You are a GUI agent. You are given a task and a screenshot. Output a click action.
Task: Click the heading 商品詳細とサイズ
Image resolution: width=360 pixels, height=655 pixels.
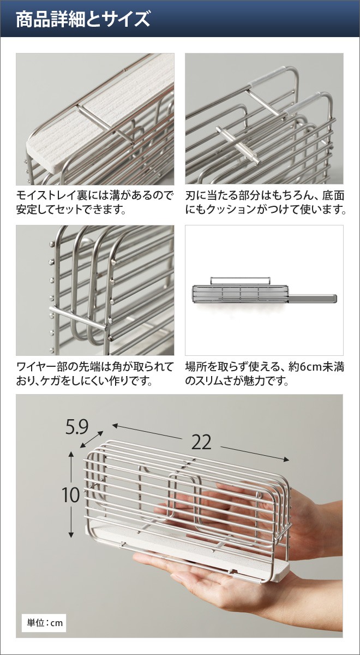click(83, 19)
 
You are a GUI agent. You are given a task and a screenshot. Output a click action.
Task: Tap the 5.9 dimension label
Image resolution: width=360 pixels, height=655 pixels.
click(77, 427)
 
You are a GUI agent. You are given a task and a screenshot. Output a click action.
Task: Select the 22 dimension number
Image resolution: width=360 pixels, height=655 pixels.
click(201, 442)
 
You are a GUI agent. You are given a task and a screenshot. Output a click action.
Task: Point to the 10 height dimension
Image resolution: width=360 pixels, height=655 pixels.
click(71, 495)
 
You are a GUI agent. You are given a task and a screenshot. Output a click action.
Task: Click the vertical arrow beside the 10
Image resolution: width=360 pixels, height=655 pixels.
click(71, 494)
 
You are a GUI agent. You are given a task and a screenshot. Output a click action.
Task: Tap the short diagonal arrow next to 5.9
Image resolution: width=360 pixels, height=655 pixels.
click(92, 439)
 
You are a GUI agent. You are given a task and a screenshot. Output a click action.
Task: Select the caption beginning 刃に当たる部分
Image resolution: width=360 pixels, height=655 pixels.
click(265, 203)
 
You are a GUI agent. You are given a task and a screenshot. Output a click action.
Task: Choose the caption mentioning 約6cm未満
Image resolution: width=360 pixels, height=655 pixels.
click(265, 374)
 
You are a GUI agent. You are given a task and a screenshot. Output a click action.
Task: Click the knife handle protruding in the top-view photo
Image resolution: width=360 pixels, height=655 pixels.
click(313, 298)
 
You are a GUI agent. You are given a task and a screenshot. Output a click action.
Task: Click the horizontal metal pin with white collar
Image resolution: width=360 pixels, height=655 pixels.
click(237, 145)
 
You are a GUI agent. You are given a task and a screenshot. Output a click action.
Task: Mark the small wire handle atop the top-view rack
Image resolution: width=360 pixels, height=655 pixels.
click(240, 281)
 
